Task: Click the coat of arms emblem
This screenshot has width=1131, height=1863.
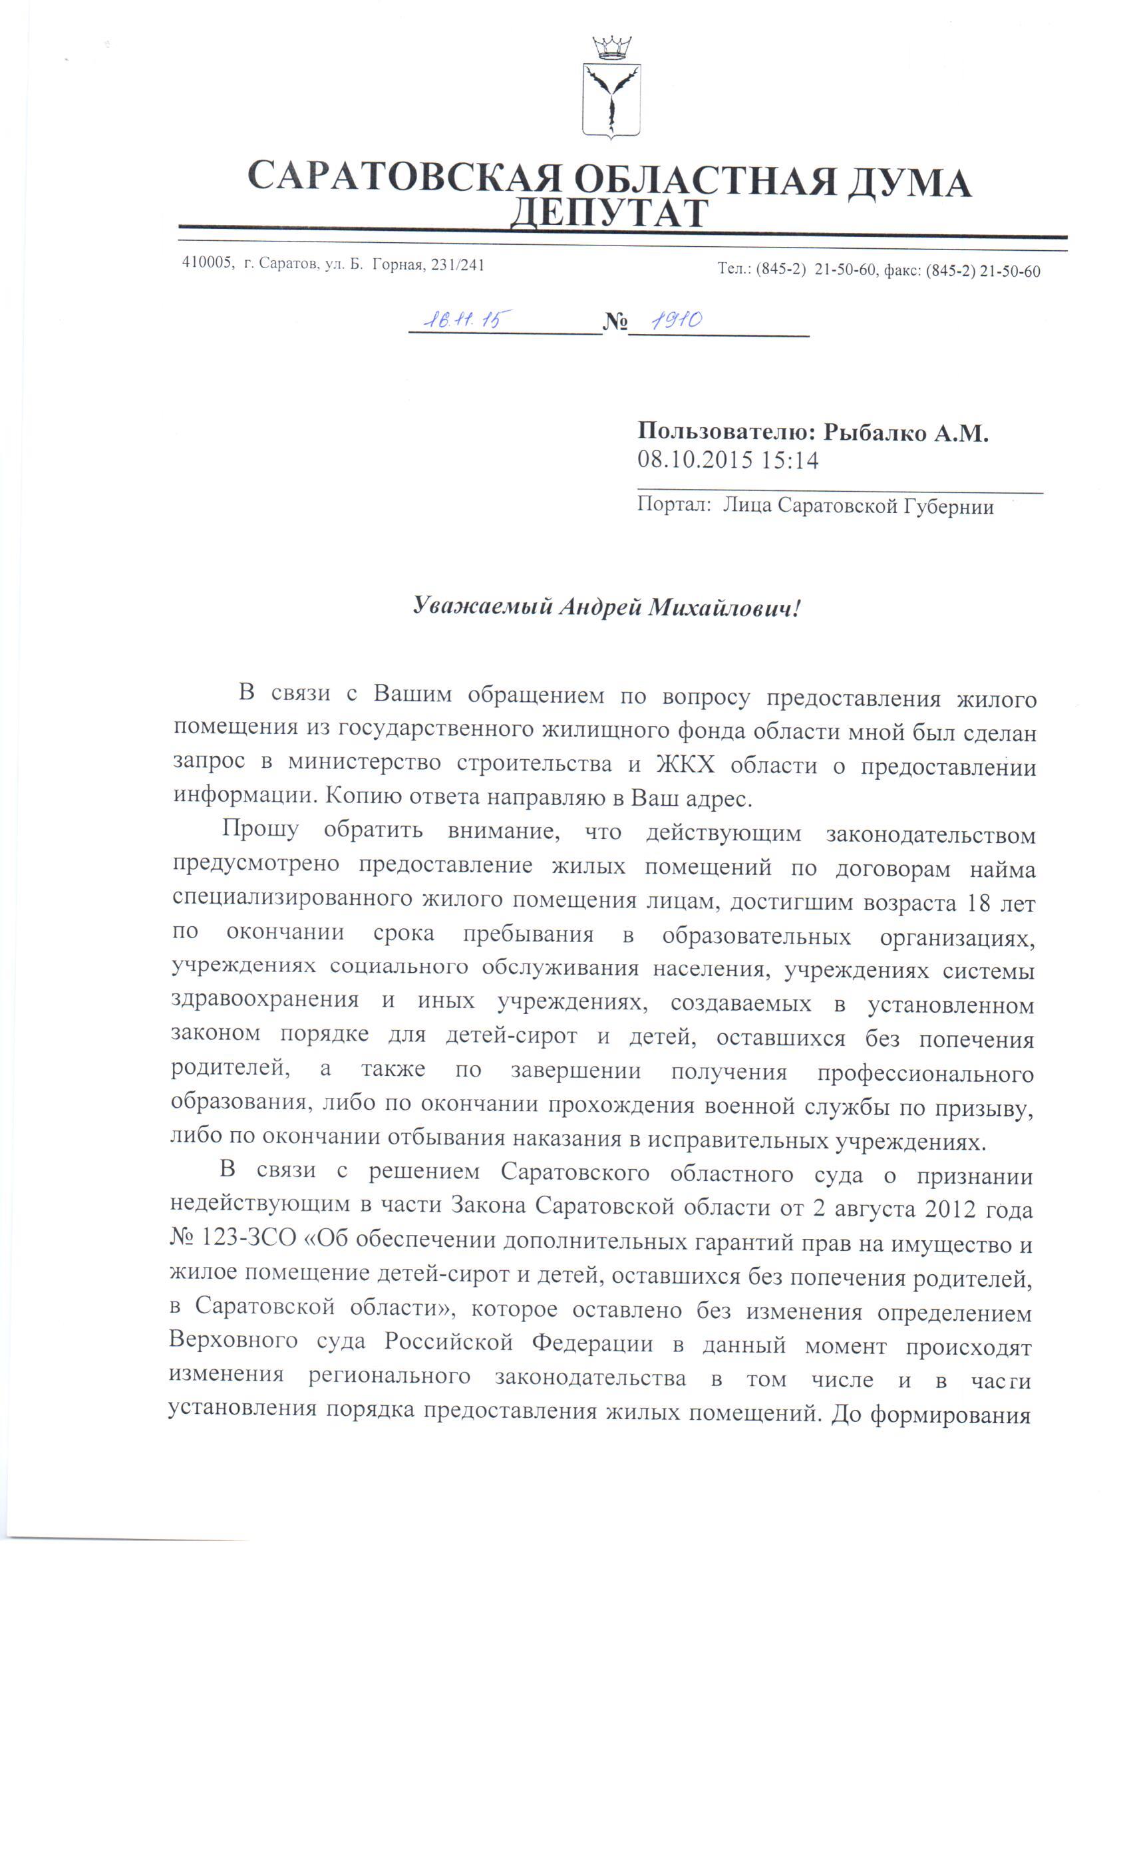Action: [x=611, y=99]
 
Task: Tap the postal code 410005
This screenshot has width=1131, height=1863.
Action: [x=206, y=264]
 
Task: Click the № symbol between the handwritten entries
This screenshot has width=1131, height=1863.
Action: [x=615, y=323]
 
